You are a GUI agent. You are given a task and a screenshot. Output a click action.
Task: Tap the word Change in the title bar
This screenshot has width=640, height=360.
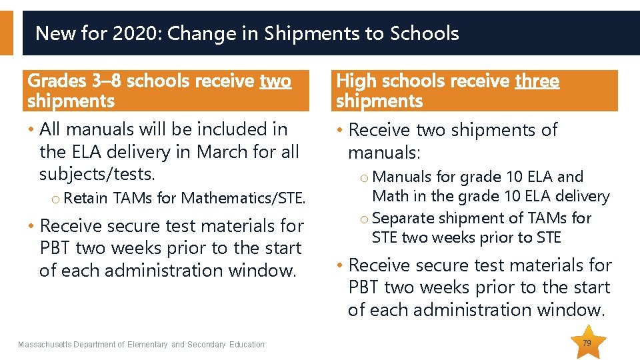pyautogui.click(x=195, y=33)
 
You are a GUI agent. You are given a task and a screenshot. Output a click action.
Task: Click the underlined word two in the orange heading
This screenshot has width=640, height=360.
pyautogui.click(x=275, y=81)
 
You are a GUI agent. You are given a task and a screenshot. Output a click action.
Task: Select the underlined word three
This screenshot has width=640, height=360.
pyautogui.click(x=537, y=81)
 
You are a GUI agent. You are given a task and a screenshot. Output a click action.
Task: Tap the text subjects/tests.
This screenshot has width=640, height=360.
pyautogui.click(x=97, y=174)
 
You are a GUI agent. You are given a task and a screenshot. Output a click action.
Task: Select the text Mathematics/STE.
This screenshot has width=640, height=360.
pyautogui.click(x=243, y=198)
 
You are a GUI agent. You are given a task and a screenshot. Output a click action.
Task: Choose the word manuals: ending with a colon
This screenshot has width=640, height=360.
pyautogui.click(x=384, y=153)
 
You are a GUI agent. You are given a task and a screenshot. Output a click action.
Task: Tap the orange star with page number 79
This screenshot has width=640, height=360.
pyautogui.click(x=587, y=343)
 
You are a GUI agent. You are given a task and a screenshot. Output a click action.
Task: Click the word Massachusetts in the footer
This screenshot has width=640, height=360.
pyautogui.click(x=45, y=345)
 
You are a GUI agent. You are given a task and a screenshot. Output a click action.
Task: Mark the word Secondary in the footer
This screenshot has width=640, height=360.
pyautogui.click(x=207, y=345)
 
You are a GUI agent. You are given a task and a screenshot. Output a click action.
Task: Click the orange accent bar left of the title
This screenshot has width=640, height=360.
pyautogui.click(x=6, y=33)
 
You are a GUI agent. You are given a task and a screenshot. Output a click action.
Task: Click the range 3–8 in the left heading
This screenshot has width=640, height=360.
pyautogui.click(x=107, y=81)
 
